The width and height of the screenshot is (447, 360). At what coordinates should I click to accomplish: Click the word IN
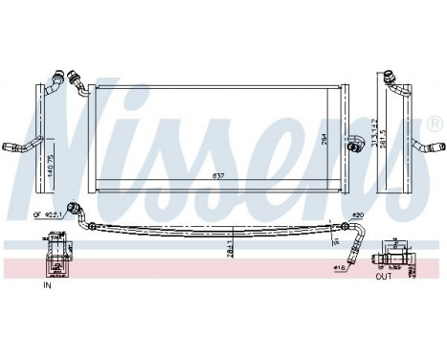pyautogui.click(x=46, y=284)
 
